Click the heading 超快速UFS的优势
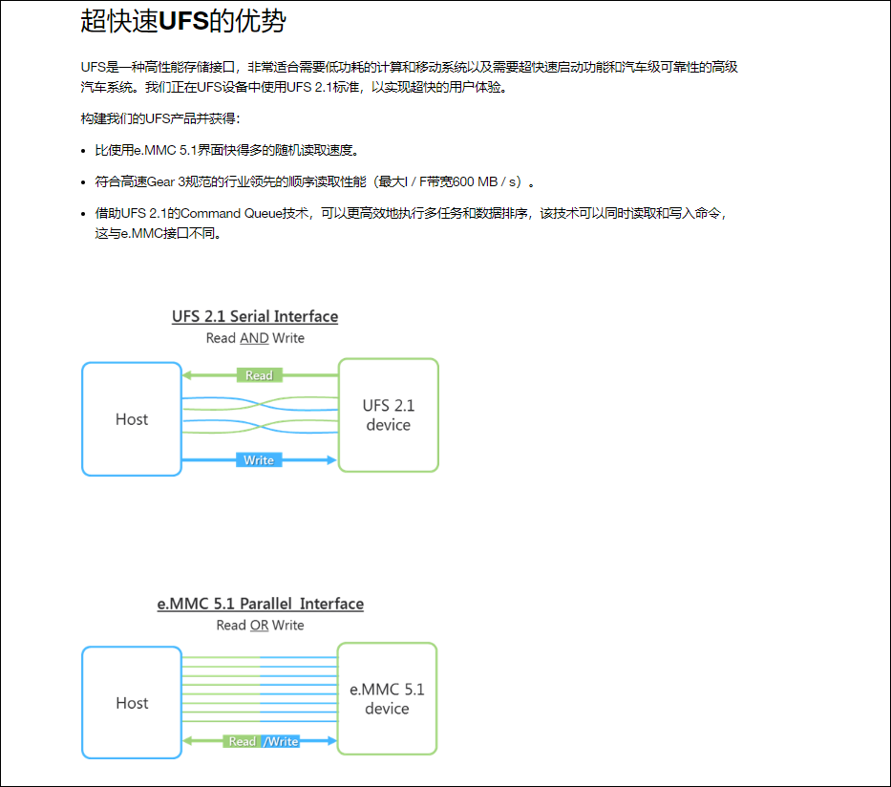point(183,21)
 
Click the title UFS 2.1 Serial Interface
point(255,316)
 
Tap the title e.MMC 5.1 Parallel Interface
point(260,604)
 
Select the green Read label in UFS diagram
point(259,375)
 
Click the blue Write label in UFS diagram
point(259,460)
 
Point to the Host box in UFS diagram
point(132,419)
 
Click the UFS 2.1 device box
point(389,415)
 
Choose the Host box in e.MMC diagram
point(132,703)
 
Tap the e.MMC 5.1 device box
point(387,698)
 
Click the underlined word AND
point(254,338)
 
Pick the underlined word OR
point(259,626)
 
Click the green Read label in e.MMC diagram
point(243,741)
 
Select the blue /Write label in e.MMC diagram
point(281,741)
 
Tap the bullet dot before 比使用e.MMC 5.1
point(83,151)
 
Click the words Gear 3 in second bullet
point(169,181)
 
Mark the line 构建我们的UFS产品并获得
point(161,118)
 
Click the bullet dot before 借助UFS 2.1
point(83,214)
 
